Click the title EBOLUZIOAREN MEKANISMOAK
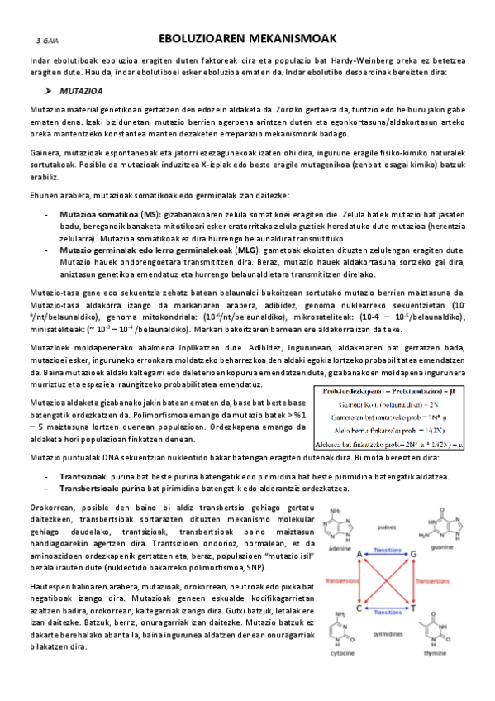point(247,38)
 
